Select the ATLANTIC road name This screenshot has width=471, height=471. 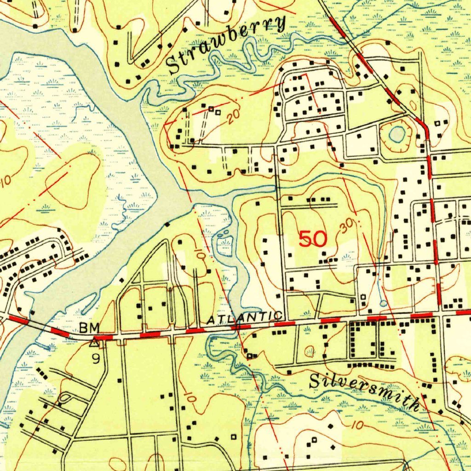243,317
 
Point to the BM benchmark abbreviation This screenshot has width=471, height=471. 89,328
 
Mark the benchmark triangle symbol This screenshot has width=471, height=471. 94,342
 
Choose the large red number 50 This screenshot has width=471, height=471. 313,239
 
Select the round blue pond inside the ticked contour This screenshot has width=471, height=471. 397,134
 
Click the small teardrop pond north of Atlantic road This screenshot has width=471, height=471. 384,303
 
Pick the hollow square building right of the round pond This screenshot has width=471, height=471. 438,123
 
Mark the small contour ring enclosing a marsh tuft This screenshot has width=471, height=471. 310,352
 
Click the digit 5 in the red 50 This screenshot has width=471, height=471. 305,239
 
